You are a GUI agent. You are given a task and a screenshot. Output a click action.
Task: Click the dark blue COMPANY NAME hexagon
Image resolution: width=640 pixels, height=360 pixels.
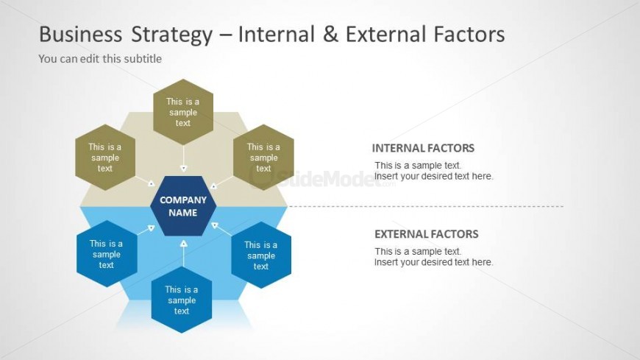[183, 206]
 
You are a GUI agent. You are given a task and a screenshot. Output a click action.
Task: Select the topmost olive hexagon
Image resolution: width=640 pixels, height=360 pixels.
[183, 112]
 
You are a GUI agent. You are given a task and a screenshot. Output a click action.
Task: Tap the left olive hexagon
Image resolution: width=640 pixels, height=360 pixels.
[105, 158]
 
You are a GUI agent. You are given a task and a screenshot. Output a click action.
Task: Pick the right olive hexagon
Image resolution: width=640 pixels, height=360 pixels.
[263, 158]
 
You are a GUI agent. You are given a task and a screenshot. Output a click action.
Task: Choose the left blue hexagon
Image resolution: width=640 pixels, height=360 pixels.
[107, 254]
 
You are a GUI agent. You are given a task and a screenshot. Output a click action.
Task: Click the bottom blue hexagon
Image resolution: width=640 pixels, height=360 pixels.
[182, 300]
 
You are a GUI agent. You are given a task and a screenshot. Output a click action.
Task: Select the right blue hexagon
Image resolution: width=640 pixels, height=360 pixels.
[261, 255]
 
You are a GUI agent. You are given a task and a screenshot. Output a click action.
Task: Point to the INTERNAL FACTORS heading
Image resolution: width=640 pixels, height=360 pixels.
[423, 148]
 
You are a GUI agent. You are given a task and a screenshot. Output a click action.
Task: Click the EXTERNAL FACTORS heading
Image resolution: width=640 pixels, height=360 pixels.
[427, 233]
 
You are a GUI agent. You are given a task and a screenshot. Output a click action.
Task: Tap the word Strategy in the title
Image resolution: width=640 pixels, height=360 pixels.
[172, 35]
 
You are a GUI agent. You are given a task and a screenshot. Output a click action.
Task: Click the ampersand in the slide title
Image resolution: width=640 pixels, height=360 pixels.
[330, 35]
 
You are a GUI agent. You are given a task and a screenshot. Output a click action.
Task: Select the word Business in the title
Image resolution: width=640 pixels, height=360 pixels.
[80, 35]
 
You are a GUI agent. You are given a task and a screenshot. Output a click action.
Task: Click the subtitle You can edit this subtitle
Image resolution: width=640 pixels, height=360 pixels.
[100, 59]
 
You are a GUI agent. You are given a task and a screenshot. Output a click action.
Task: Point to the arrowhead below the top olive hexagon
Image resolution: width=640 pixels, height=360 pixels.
[184, 169]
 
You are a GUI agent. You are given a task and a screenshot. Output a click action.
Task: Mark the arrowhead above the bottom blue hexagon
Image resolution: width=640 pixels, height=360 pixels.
[184, 244]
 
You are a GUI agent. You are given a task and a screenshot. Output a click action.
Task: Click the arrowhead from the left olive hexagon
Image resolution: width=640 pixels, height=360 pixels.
[151, 183]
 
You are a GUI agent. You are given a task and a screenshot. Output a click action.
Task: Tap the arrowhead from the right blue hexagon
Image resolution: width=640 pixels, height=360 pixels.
[215, 225]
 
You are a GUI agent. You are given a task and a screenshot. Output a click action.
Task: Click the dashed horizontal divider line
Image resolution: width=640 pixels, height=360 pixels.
[426, 206]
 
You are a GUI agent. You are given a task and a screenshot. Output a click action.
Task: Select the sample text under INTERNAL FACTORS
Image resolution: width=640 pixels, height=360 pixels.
[433, 171]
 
